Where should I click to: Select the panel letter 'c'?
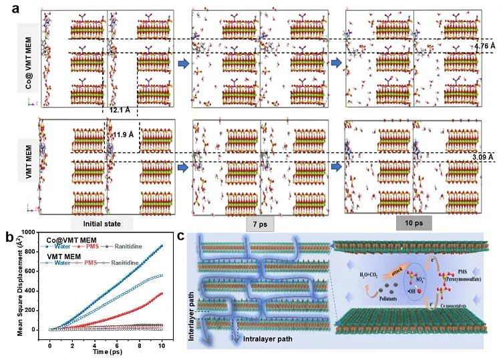(x=190, y=234)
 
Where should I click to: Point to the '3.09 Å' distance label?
(x=483, y=157)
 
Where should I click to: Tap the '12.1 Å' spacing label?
(x=120, y=109)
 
